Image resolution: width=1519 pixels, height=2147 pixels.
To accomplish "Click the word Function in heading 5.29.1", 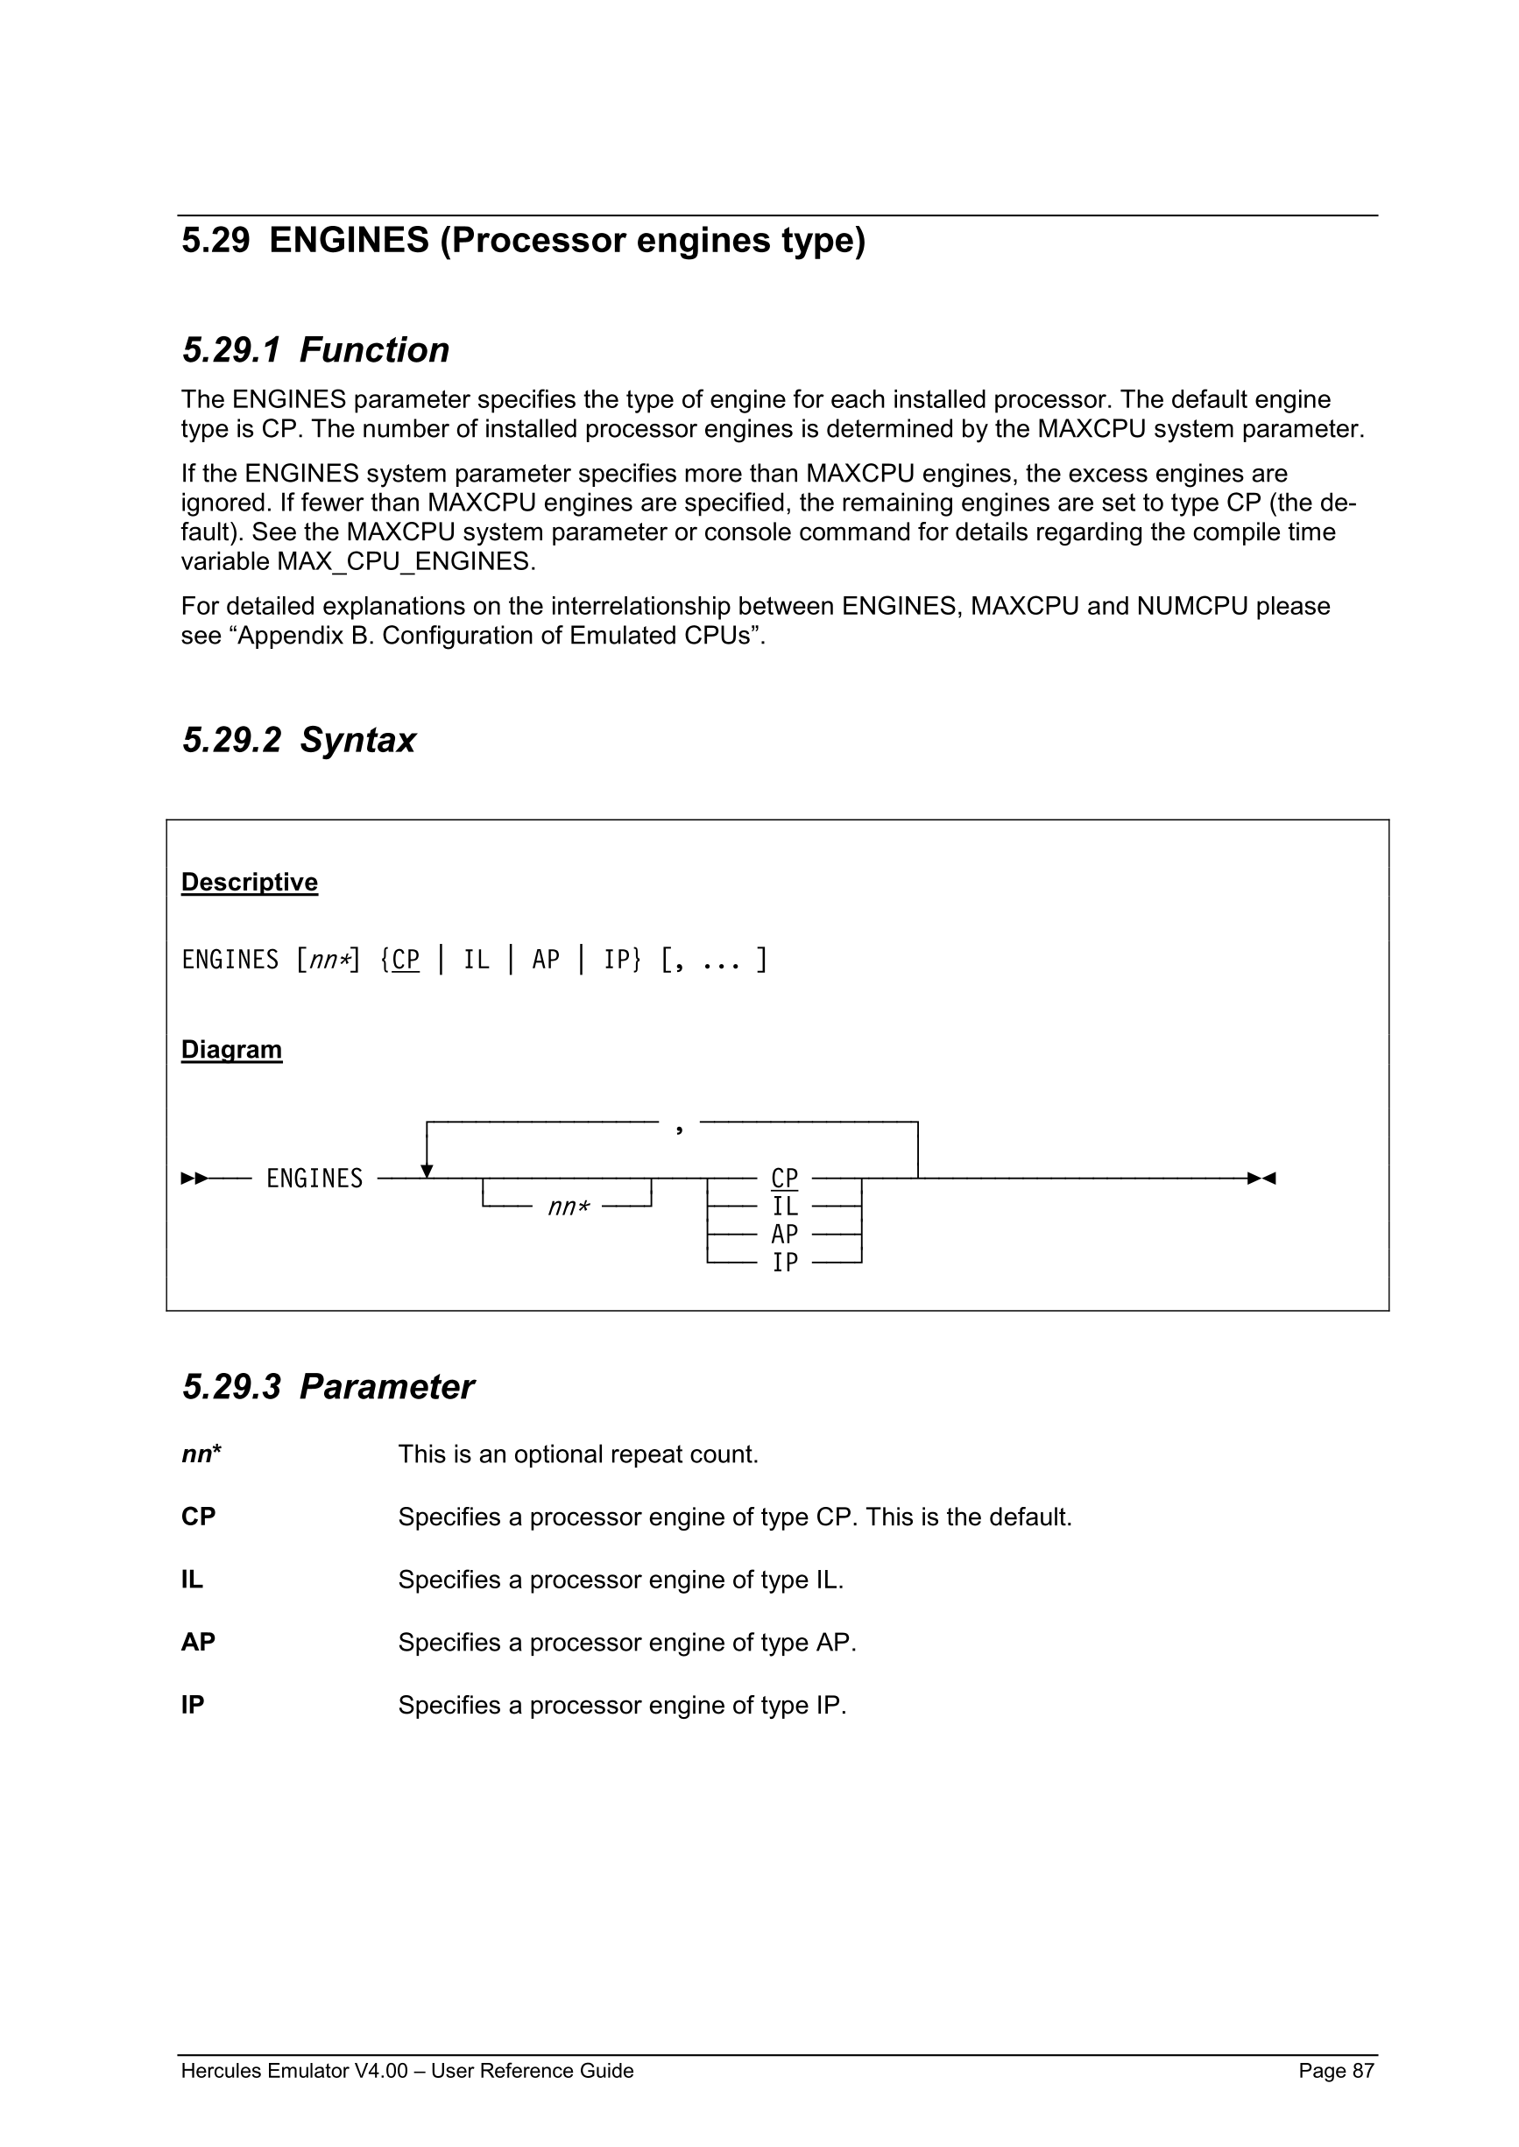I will pos(374,349).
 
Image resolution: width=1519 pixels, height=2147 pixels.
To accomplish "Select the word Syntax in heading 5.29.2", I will pos(357,740).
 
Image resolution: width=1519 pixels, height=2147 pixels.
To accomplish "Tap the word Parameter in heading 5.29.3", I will pos(386,1387).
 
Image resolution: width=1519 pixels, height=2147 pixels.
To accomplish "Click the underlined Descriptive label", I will pos(249,882).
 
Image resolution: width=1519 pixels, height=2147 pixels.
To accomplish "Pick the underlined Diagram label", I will pos(231,1049).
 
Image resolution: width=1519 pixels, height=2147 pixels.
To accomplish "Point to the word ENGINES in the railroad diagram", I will pos(314,1179).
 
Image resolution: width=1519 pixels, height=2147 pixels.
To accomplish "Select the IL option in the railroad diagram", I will pos(784,1207).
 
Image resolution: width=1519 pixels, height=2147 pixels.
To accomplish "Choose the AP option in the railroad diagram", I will pos(784,1235).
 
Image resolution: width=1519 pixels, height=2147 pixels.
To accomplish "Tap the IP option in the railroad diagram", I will pos(784,1263).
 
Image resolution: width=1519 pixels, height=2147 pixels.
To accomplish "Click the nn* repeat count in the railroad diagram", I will pos(569,1207).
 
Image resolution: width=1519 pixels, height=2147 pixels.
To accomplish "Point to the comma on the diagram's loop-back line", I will pos(679,1129).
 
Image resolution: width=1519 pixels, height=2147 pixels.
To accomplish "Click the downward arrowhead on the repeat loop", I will pos(427,1172).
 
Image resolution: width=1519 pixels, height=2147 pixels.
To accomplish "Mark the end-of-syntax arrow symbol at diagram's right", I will pos(1261,1179).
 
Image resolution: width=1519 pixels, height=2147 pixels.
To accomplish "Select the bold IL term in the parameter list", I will pos(192,1580).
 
